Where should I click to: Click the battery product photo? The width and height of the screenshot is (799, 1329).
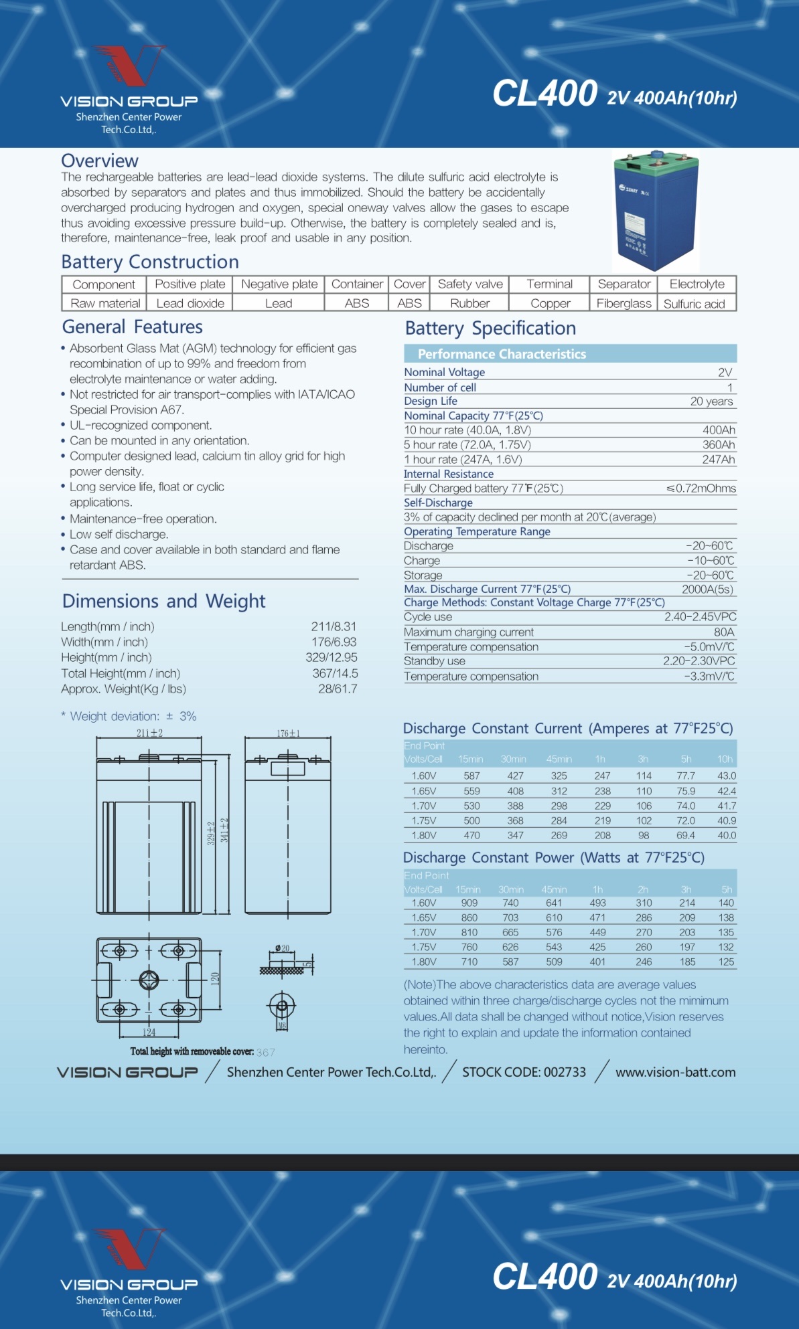pyautogui.click(x=656, y=212)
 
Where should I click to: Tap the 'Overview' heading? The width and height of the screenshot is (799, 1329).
pyautogui.click(x=100, y=161)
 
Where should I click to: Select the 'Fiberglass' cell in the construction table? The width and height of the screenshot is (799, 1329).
pyautogui.click(x=624, y=303)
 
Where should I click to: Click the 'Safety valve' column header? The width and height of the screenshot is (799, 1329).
pyautogui.click(x=470, y=284)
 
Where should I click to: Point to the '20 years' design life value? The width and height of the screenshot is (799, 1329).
pyautogui.click(x=711, y=402)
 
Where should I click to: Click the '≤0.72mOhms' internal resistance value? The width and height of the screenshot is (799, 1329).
pyautogui.click(x=701, y=489)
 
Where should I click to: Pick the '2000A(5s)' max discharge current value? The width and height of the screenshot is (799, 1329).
pyautogui.click(x=707, y=590)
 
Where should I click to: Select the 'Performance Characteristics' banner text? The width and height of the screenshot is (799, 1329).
pyautogui.click(x=502, y=354)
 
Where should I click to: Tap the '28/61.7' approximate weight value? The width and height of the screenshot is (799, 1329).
pyautogui.click(x=338, y=689)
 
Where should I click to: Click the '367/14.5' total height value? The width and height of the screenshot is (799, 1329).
pyautogui.click(x=335, y=673)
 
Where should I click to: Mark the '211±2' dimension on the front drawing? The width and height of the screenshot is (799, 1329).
pyautogui.click(x=149, y=733)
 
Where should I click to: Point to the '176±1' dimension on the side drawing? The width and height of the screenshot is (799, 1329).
pyautogui.click(x=289, y=733)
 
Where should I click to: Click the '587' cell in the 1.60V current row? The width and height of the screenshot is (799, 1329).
pyautogui.click(x=471, y=776)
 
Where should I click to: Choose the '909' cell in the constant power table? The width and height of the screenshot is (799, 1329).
pyautogui.click(x=469, y=903)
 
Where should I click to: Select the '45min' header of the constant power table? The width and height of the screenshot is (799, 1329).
pyautogui.click(x=554, y=889)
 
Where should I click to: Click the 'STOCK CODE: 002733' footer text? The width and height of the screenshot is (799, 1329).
pyautogui.click(x=524, y=1072)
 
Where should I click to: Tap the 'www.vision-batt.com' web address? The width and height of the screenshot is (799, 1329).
pyautogui.click(x=675, y=1072)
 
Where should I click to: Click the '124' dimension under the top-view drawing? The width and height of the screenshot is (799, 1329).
pyautogui.click(x=149, y=1032)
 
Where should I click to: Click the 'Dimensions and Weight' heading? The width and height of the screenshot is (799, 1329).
pyautogui.click(x=163, y=601)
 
